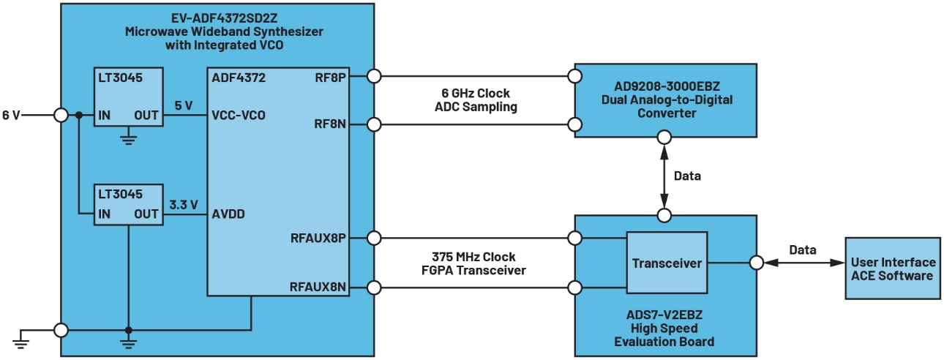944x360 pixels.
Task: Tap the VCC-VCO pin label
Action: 238,115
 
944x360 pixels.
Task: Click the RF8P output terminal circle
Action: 375,76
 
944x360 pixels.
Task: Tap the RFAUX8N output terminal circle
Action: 375,288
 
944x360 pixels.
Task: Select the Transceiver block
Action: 667,263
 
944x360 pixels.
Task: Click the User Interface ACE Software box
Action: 892,269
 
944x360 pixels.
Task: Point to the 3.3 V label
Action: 184,205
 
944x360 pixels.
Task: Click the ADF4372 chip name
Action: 238,77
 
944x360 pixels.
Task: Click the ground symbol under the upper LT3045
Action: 129,138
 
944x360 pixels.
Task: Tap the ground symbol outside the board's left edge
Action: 23,338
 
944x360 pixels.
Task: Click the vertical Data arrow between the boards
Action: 664,176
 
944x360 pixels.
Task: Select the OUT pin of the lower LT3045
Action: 146,214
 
